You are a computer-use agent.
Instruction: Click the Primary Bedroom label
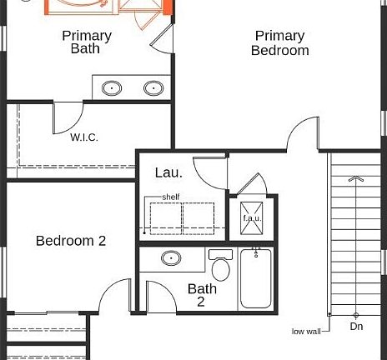click(279, 42)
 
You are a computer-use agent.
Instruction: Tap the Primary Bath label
click(86, 42)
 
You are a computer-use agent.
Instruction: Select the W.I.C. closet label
click(84, 137)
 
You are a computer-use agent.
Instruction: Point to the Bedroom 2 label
click(71, 241)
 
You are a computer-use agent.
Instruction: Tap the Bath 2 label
click(202, 296)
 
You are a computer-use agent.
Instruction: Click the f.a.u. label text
click(252, 217)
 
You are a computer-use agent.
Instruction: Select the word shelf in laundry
click(171, 197)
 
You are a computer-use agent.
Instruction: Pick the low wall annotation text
click(306, 331)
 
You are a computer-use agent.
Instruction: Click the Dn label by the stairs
click(356, 327)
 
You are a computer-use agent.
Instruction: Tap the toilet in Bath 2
click(221, 266)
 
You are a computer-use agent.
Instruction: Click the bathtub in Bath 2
click(256, 278)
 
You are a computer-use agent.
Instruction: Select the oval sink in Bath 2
click(173, 258)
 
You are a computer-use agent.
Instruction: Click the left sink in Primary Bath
click(112, 87)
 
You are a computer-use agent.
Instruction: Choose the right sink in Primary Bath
click(153, 87)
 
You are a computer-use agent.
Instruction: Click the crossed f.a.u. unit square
click(252, 218)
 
